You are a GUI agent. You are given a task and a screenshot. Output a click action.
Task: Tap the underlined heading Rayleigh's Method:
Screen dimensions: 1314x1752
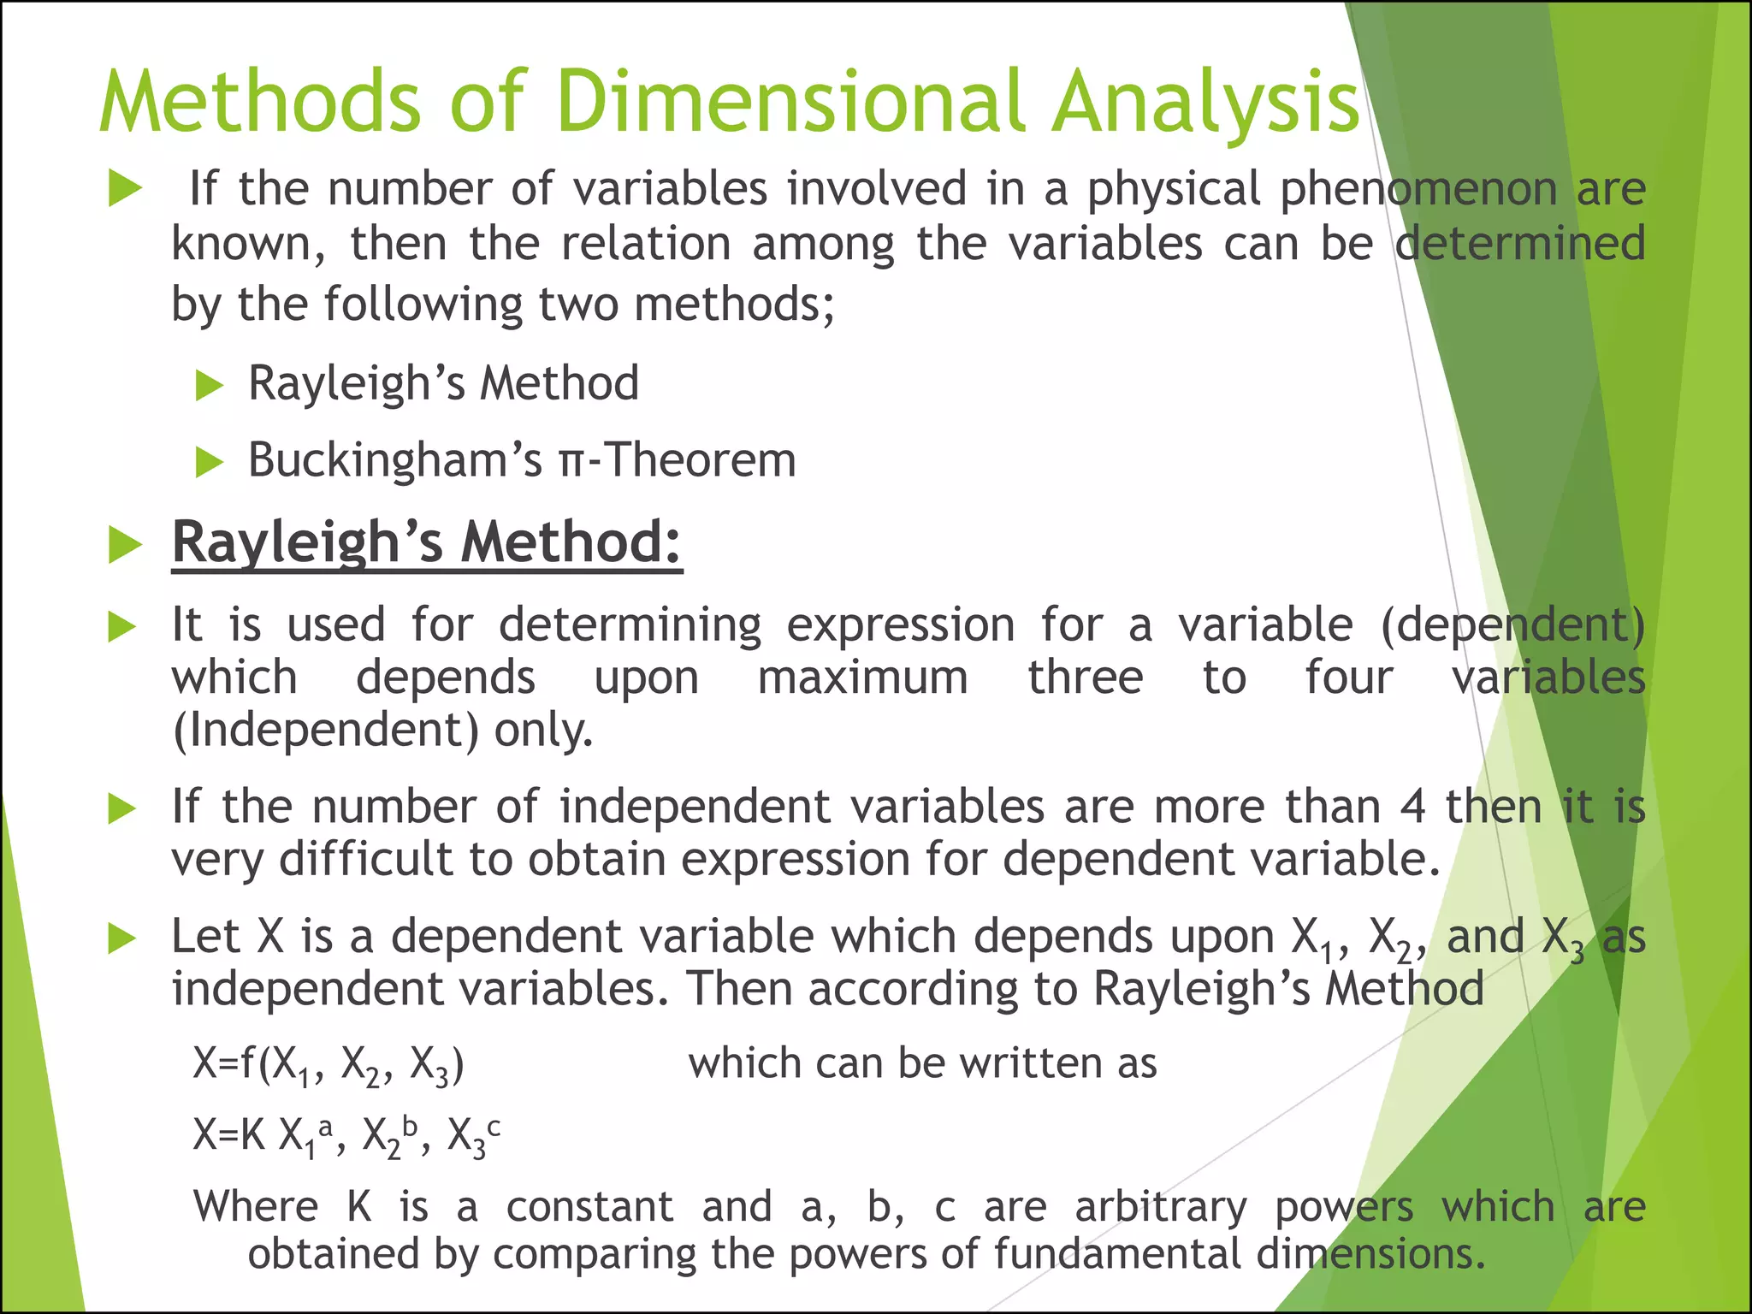click(x=427, y=543)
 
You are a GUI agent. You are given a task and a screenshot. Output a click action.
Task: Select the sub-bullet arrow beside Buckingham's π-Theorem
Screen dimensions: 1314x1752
click(x=209, y=463)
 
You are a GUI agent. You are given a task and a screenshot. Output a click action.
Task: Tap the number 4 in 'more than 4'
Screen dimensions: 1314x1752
click(x=1412, y=808)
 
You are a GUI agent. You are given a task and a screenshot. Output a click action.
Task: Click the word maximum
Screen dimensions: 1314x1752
click(x=862, y=678)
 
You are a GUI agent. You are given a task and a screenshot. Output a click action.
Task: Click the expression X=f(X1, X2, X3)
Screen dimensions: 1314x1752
click(x=329, y=1066)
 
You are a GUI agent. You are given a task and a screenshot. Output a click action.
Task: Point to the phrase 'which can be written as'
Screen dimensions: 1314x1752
click(x=922, y=1064)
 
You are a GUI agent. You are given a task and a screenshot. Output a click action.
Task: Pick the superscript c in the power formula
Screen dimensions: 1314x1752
click(x=494, y=1128)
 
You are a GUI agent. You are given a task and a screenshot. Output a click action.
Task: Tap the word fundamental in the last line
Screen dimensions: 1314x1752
click(x=1116, y=1255)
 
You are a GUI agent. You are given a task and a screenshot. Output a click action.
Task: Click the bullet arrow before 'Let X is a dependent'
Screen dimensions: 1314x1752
click(x=122, y=939)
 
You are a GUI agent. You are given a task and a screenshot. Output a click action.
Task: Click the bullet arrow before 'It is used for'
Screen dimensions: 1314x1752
click(x=122, y=628)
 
